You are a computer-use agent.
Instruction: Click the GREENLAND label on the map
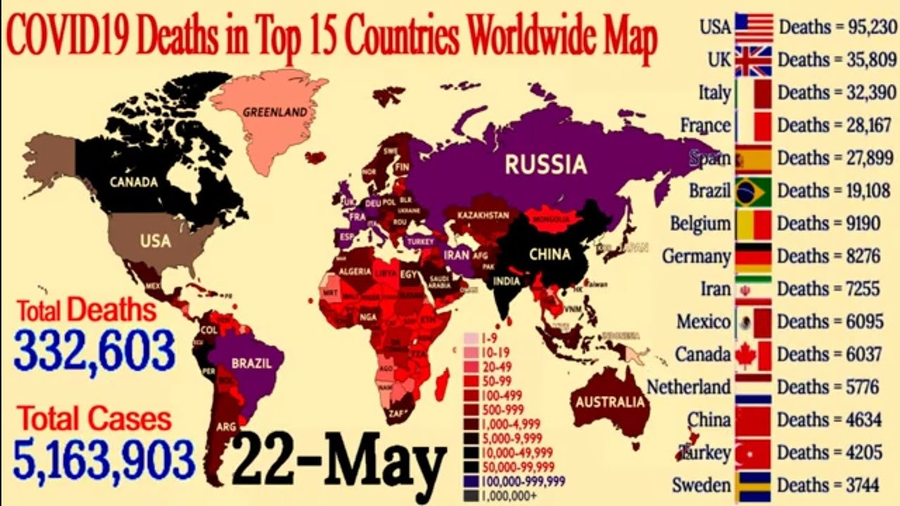(x=275, y=112)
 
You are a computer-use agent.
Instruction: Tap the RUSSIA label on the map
(x=546, y=164)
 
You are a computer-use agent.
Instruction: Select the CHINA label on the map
(x=549, y=254)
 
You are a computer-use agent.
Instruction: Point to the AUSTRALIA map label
(x=610, y=402)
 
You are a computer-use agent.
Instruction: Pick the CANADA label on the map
(x=134, y=182)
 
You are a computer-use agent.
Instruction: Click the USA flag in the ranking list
(x=754, y=27)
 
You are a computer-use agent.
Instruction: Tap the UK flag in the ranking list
(x=754, y=60)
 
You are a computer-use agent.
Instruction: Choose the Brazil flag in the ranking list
(x=754, y=191)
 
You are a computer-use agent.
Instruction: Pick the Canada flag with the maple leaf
(x=754, y=355)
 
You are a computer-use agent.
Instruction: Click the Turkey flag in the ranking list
(x=754, y=453)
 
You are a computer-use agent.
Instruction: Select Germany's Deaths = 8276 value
(x=830, y=256)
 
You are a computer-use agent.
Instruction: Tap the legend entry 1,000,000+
(x=508, y=495)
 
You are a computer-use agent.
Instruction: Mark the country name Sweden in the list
(x=701, y=486)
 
